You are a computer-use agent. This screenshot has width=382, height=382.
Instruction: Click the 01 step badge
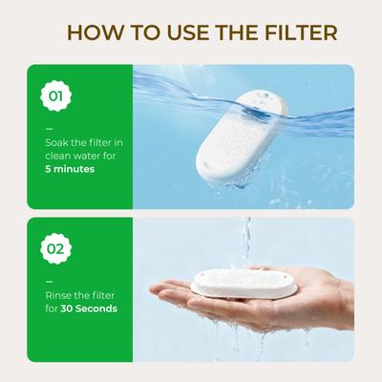[x=56, y=96]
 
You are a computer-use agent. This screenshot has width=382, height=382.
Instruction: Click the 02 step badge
[x=56, y=250]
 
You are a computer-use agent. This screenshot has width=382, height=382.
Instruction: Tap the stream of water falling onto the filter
[x=246, y=239]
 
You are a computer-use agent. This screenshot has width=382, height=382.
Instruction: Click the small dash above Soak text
[x=49, y=128]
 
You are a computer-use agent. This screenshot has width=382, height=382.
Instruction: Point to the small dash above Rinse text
[x=49, y=281]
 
